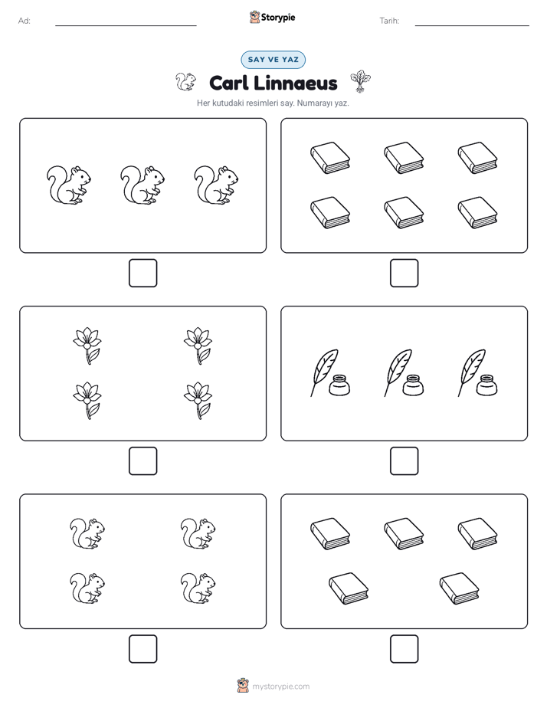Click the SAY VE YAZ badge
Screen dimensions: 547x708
coord(273,60)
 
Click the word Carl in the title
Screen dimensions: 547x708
coord(228,83)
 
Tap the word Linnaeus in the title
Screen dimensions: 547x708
coord(295,83)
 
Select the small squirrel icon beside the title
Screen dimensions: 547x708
coord(185,82)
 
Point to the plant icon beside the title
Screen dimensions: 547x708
coord(360,81)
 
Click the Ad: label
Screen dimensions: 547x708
coord(25,21)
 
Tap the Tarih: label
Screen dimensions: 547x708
coord(389,21)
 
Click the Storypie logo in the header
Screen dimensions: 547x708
coord(272,17)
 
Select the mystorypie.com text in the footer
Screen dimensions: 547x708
coord(280,687)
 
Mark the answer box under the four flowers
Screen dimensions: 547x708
coord(143,461)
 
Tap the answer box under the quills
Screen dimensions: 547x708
coord(405,461)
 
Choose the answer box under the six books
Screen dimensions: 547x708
coord(405,274)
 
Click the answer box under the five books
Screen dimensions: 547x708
coord(405,649)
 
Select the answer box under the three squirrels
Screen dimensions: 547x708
coord(143,274)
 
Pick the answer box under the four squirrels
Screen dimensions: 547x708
coord(143,649)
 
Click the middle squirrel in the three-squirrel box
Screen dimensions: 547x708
coord(142,185)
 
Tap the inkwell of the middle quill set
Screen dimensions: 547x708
coord(413,385)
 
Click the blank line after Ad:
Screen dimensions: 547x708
coord(126,25)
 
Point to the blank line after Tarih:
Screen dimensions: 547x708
coord(472,25)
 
